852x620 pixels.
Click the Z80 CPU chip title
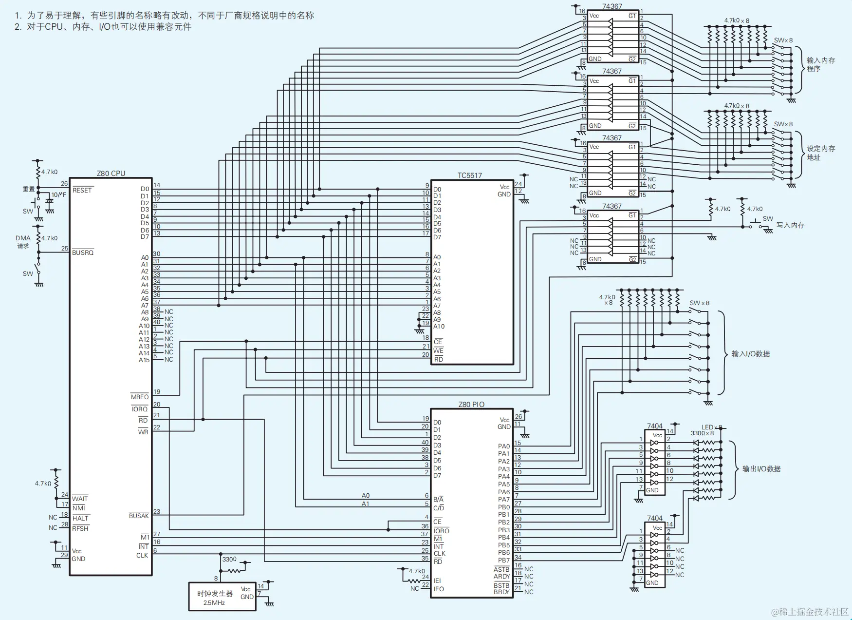[x=111, y=173]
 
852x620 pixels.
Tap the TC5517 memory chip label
[x=469, y=175]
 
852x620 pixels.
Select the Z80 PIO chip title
[x=471, y=404]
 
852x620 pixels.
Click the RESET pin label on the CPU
[x=82, y=190]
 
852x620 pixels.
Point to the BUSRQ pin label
[x=83, y=252]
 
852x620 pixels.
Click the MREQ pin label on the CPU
[x=140, y=397]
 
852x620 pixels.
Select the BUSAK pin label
[x=139, y=516]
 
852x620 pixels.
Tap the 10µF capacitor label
[x=59, y=195]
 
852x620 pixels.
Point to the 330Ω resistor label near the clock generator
[x=229, y=559]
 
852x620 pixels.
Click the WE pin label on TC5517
[x=439, y=350]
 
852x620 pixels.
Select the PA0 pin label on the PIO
[x=504, y=446]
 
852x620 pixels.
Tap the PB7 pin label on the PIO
[x=504, y=561]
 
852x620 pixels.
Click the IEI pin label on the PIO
[x=437, y=581]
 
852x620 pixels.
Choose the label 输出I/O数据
[x=761, y=469]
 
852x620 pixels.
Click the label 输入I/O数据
[x=751, y=354]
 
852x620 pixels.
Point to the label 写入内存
[x=790, y=225]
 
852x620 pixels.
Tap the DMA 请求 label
[x=23, y=242]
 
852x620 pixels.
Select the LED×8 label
[x=712, y=427]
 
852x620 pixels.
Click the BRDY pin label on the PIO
[x=501, y=592]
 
